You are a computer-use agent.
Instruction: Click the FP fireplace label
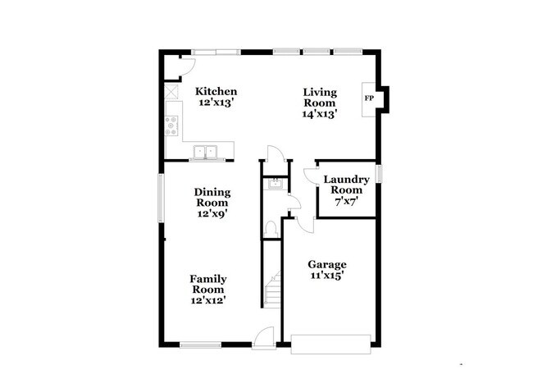[x=369, y=98]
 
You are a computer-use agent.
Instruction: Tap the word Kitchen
[x=216, y=91]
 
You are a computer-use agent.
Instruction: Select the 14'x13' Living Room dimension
[x=320, y=114]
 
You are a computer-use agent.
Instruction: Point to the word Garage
[x=327, y=264]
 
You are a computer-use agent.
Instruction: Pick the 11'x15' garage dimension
[x=327, y=276]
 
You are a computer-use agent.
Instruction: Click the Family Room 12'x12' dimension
[x=208, y=300]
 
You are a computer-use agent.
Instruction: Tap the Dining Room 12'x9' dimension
[x=212, y=213]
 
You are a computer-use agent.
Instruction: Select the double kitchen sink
[x=204, y=151]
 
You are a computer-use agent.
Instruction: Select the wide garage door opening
[x=332, y=343]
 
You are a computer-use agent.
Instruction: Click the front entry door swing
[x=264, y=336]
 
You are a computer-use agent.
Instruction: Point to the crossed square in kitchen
[x=171, y=92]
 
